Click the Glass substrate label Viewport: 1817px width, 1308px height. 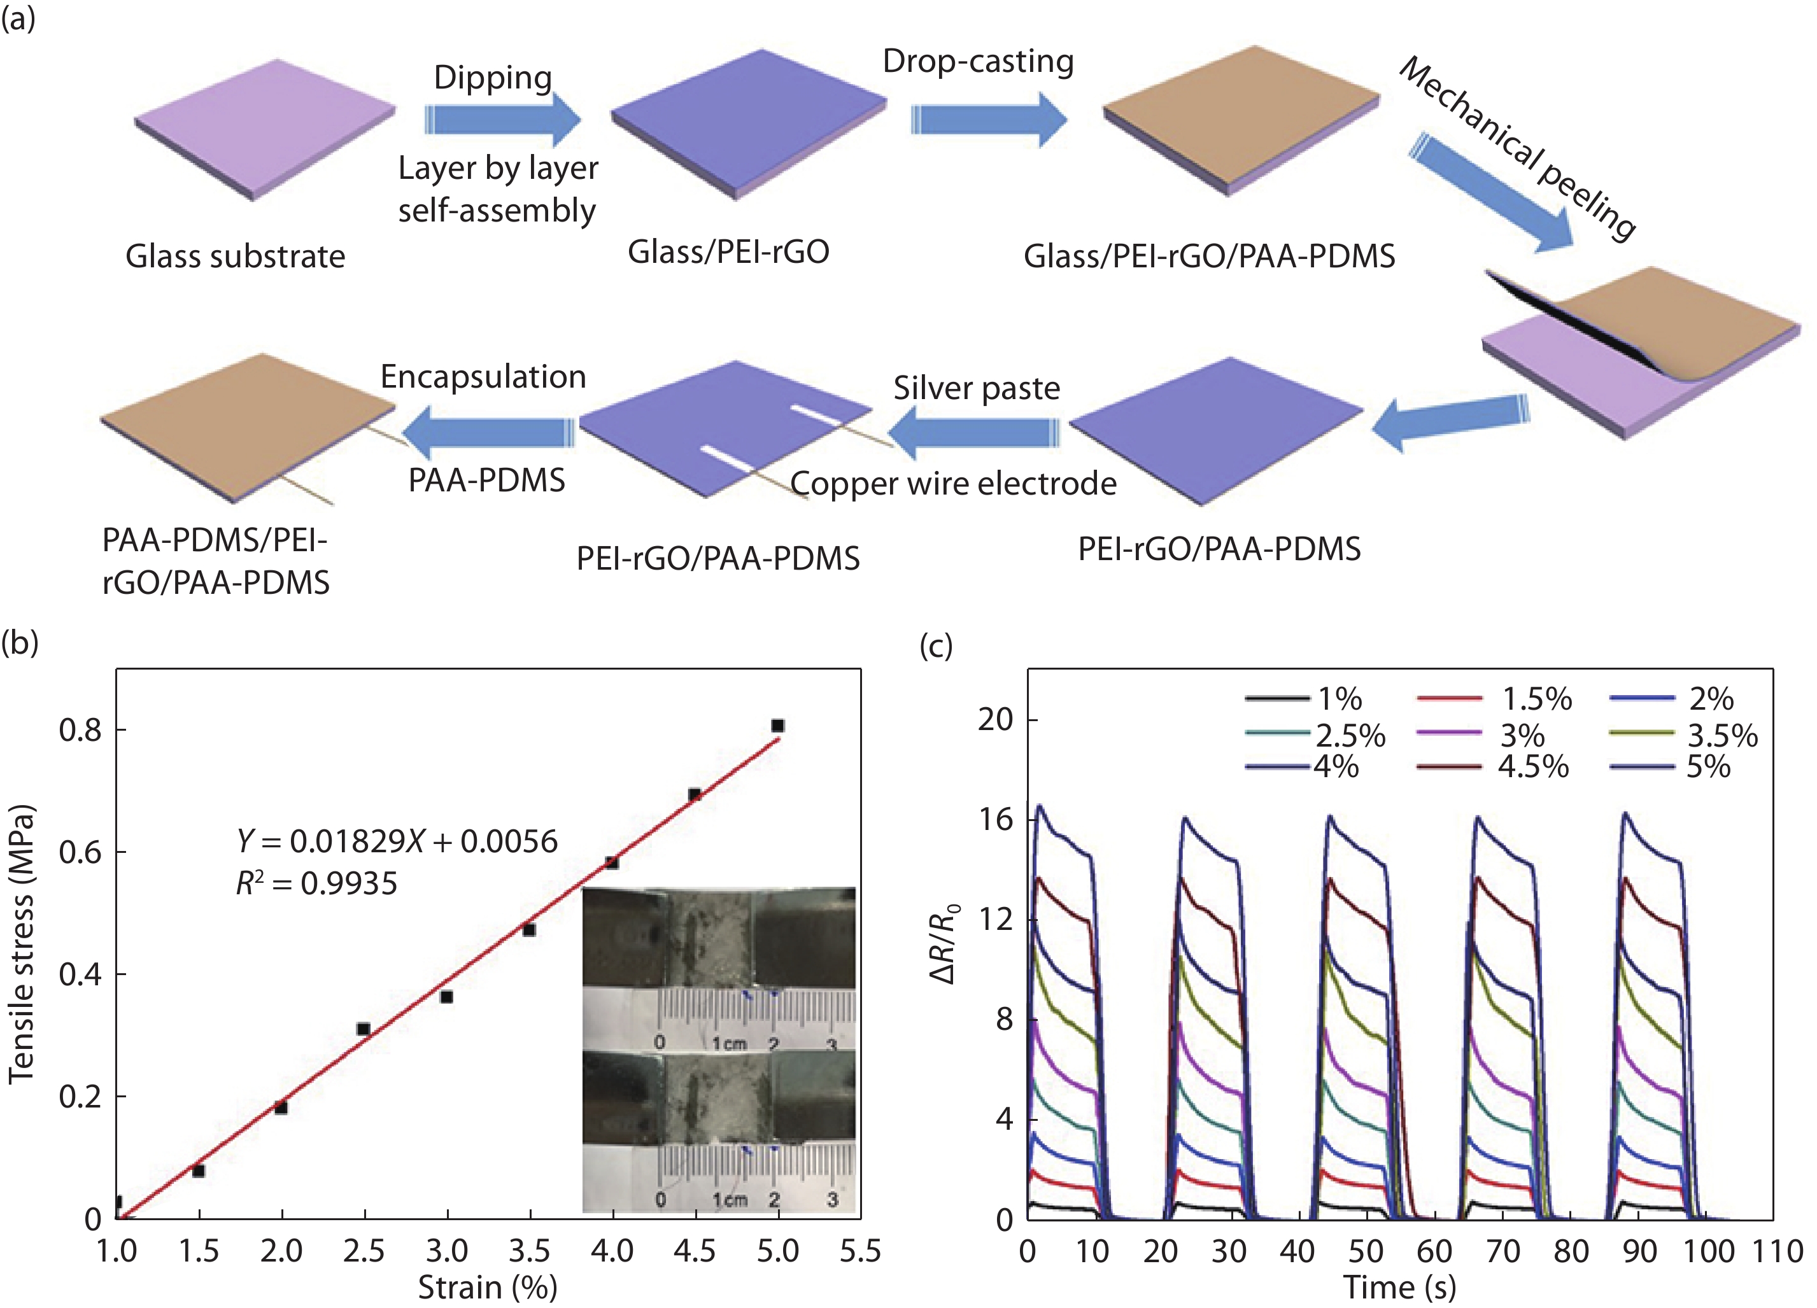pos(235,257)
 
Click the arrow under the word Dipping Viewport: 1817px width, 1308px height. pos(502,120)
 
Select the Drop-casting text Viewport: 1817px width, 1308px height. pos(978,62)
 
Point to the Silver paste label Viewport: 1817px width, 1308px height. pos(977,388)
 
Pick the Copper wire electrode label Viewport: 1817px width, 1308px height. pos(953,484)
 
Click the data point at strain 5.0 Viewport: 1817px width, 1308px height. pos(777,726)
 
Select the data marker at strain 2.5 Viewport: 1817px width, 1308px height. pos(363,1029)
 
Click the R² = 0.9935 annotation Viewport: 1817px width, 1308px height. pos(316,883)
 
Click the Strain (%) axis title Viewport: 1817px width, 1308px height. pos(487,1287)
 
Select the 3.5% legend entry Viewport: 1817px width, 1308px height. pos(1683,735)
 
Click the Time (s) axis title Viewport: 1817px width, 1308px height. pos(1399,1287)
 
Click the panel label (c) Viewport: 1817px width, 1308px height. pos(936,645)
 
